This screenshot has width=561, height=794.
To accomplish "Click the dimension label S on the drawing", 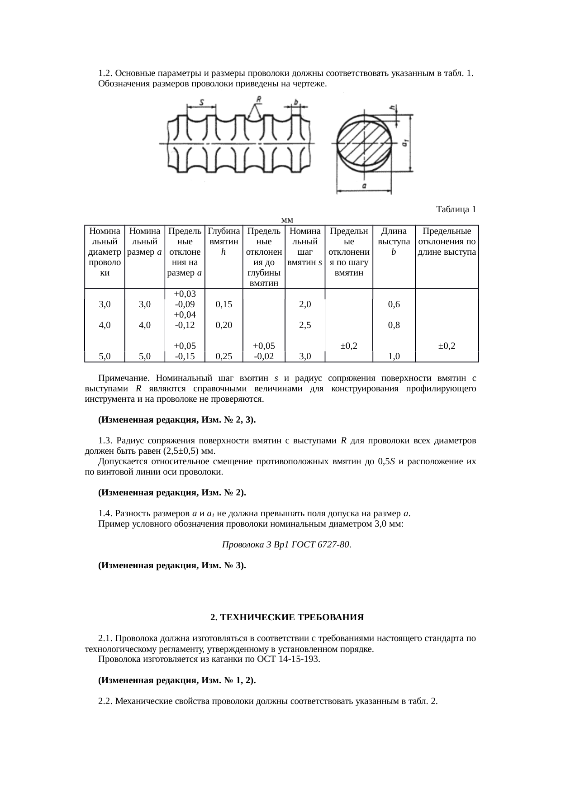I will click(x=201, y=102).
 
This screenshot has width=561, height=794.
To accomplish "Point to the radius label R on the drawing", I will click(x=258, y=99).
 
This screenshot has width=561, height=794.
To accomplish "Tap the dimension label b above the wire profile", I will click(x=295, y=102).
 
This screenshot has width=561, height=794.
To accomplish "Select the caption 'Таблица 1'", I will click(x=456, y=209).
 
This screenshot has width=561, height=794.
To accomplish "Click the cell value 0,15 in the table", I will click(x=224, y=304).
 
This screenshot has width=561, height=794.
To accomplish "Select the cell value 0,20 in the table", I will click(x=224, y=325).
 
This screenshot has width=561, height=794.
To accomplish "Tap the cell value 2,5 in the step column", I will click(x=305, y=325).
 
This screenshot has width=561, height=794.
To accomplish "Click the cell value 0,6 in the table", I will click(x=394, y=304).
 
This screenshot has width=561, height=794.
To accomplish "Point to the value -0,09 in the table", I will click(x=185, y=304).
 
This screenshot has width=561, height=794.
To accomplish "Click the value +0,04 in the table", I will click(x=185, y=314).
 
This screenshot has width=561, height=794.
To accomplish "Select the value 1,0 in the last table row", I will click(x=394, y=356).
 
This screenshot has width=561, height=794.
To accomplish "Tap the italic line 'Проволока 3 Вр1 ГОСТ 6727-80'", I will click(x=286, y=545).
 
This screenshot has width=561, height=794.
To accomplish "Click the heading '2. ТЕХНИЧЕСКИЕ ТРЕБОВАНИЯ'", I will click(x=287, y=617).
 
